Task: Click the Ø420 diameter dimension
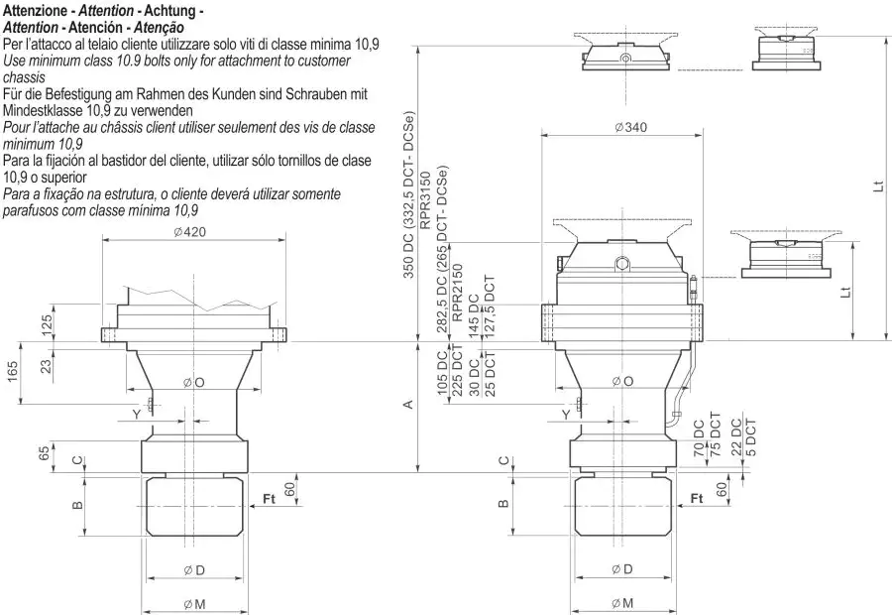coord(188,232)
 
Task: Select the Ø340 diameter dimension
coord(631,127)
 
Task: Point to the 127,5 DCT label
coord(489,307)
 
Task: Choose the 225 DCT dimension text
coord(457,370)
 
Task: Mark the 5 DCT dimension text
coord(750,437)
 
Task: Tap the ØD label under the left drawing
coord(194,569)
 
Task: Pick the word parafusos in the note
coord(31,210)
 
